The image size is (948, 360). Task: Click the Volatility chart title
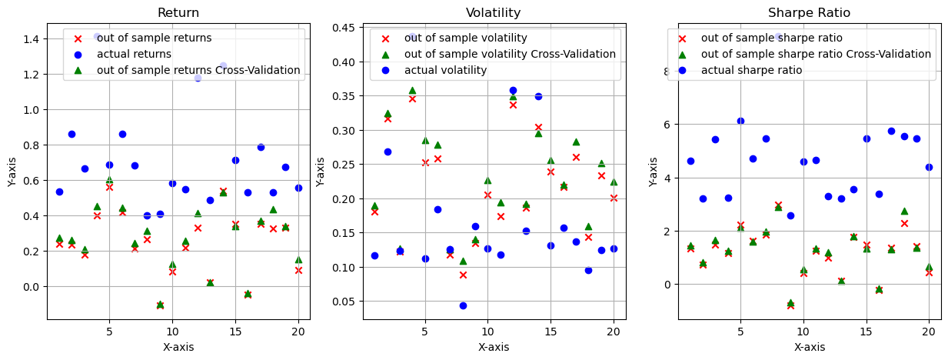pyautogui.click(x=493, y=12)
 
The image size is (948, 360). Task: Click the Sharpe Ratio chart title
pyautogui.click(x=808, y=12)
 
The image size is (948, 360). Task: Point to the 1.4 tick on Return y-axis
pyautogui.click(x=30, y=39)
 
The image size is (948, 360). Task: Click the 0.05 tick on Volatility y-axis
pyautogui.click(x=343, y=302)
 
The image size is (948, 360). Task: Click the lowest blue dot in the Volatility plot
pyautogui.click(x=463, y=305)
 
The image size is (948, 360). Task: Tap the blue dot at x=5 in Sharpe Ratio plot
pyautogui.click(x=740, y=121)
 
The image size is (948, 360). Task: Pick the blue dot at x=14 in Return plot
pyautogui.click(x=223, y=66)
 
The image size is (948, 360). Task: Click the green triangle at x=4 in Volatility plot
pyautogui.click(x=412, y=90)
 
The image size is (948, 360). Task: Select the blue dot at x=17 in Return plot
pyautogui.click(x=261, y=147)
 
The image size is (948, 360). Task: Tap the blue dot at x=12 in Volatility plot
pyautogui.click(x=513, y=91)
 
